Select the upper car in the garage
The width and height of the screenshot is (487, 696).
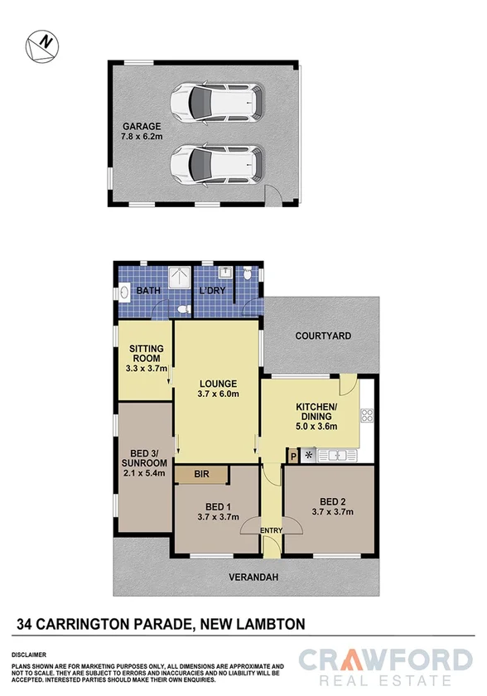[217, 103]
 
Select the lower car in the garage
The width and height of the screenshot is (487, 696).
[217, 162]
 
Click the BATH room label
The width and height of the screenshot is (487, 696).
[149, 292]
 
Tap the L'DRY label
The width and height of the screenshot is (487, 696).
[213, 292]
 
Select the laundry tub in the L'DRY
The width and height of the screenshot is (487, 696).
[224, 272]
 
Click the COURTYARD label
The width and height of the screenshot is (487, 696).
[324, 336]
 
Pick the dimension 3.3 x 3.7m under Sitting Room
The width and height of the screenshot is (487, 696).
[147, 368]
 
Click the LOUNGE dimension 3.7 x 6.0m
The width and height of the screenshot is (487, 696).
[219, 394]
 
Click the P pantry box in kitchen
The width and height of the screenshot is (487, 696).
[292, 455]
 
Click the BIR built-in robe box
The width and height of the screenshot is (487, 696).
[201, 475]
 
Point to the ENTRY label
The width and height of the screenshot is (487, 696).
[270, 530]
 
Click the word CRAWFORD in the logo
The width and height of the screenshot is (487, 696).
[385, 660]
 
